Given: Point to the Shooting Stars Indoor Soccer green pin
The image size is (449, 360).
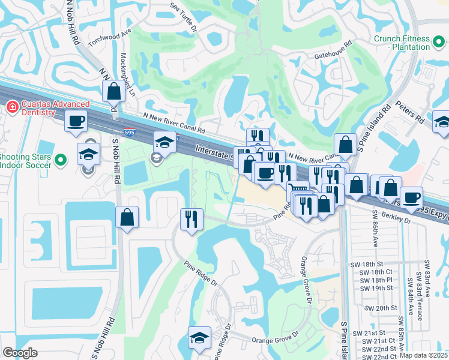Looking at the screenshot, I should tap(59, 160).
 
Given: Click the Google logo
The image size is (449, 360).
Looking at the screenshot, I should tap(20, 353).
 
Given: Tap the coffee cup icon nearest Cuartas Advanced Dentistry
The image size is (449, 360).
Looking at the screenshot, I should tap(76, 121).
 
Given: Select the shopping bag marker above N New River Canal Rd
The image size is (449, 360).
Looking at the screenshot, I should tap(113, 92).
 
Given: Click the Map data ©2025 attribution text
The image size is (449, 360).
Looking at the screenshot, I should tap(423, 355).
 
